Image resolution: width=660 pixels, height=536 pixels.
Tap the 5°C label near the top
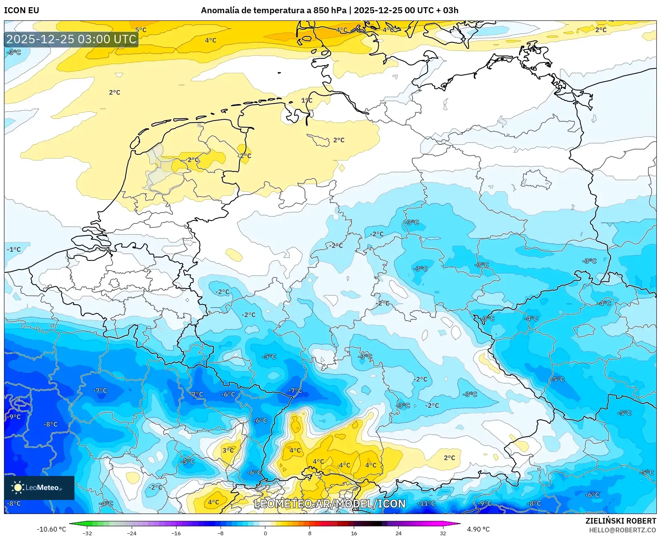coord(141,30)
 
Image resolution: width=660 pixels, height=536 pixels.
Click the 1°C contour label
coord(307,100)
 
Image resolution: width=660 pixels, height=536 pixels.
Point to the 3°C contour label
coord(228,450)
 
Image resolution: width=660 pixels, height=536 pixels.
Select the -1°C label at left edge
coord(14,249)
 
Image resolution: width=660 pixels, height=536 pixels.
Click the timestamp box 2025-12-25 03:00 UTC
coord(71,39)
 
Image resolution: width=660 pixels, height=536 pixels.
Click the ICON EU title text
coord(22,10)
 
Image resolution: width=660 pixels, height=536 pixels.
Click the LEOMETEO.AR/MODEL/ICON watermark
coord(330,504)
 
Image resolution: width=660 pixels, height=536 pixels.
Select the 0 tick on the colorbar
coord(265,533)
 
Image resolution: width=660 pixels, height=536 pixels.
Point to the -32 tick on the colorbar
coord(87,533)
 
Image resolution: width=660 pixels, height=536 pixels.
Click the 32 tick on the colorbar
coord(443,533)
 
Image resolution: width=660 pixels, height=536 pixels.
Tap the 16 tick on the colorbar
coord(354,533)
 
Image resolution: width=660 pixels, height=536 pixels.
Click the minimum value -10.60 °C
coord(51,529)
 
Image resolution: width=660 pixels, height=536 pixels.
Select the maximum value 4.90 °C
coord(478,529)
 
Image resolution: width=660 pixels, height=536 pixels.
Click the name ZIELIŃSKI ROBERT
coord(621,521)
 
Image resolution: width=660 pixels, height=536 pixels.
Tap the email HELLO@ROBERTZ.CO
coord(622,530)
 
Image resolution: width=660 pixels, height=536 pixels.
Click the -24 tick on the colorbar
coord(132,533)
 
